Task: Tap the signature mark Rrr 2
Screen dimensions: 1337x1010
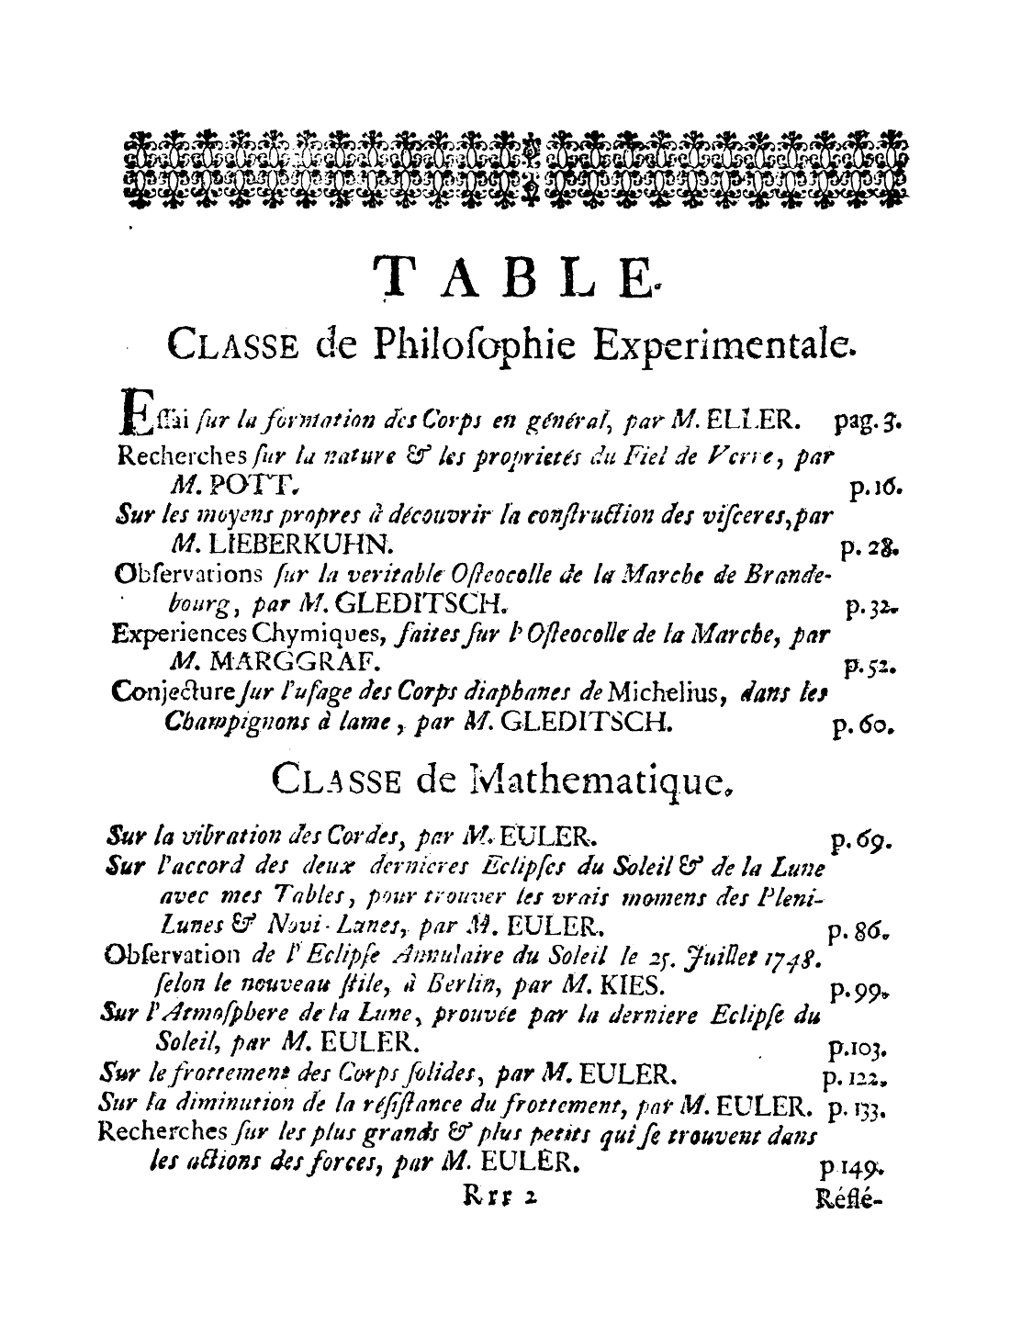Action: coord(492,1197)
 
